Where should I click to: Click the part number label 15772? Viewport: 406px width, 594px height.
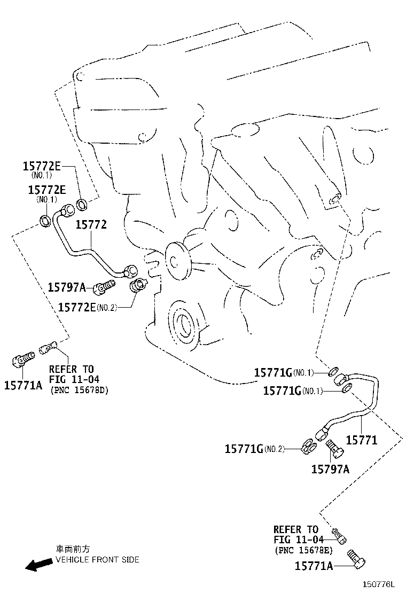point(91,225)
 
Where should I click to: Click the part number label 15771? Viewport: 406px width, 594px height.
point(362,440)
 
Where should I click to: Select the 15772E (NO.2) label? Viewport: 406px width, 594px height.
point(88,307)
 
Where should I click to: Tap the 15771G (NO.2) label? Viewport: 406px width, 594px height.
point(254,449)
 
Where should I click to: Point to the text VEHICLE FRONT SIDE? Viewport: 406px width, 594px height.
point(97,559)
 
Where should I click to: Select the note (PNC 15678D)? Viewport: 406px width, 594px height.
point(79,390)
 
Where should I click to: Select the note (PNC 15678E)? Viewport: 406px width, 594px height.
point(304,550)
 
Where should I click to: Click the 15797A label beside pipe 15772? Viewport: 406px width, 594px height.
point(67,287)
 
